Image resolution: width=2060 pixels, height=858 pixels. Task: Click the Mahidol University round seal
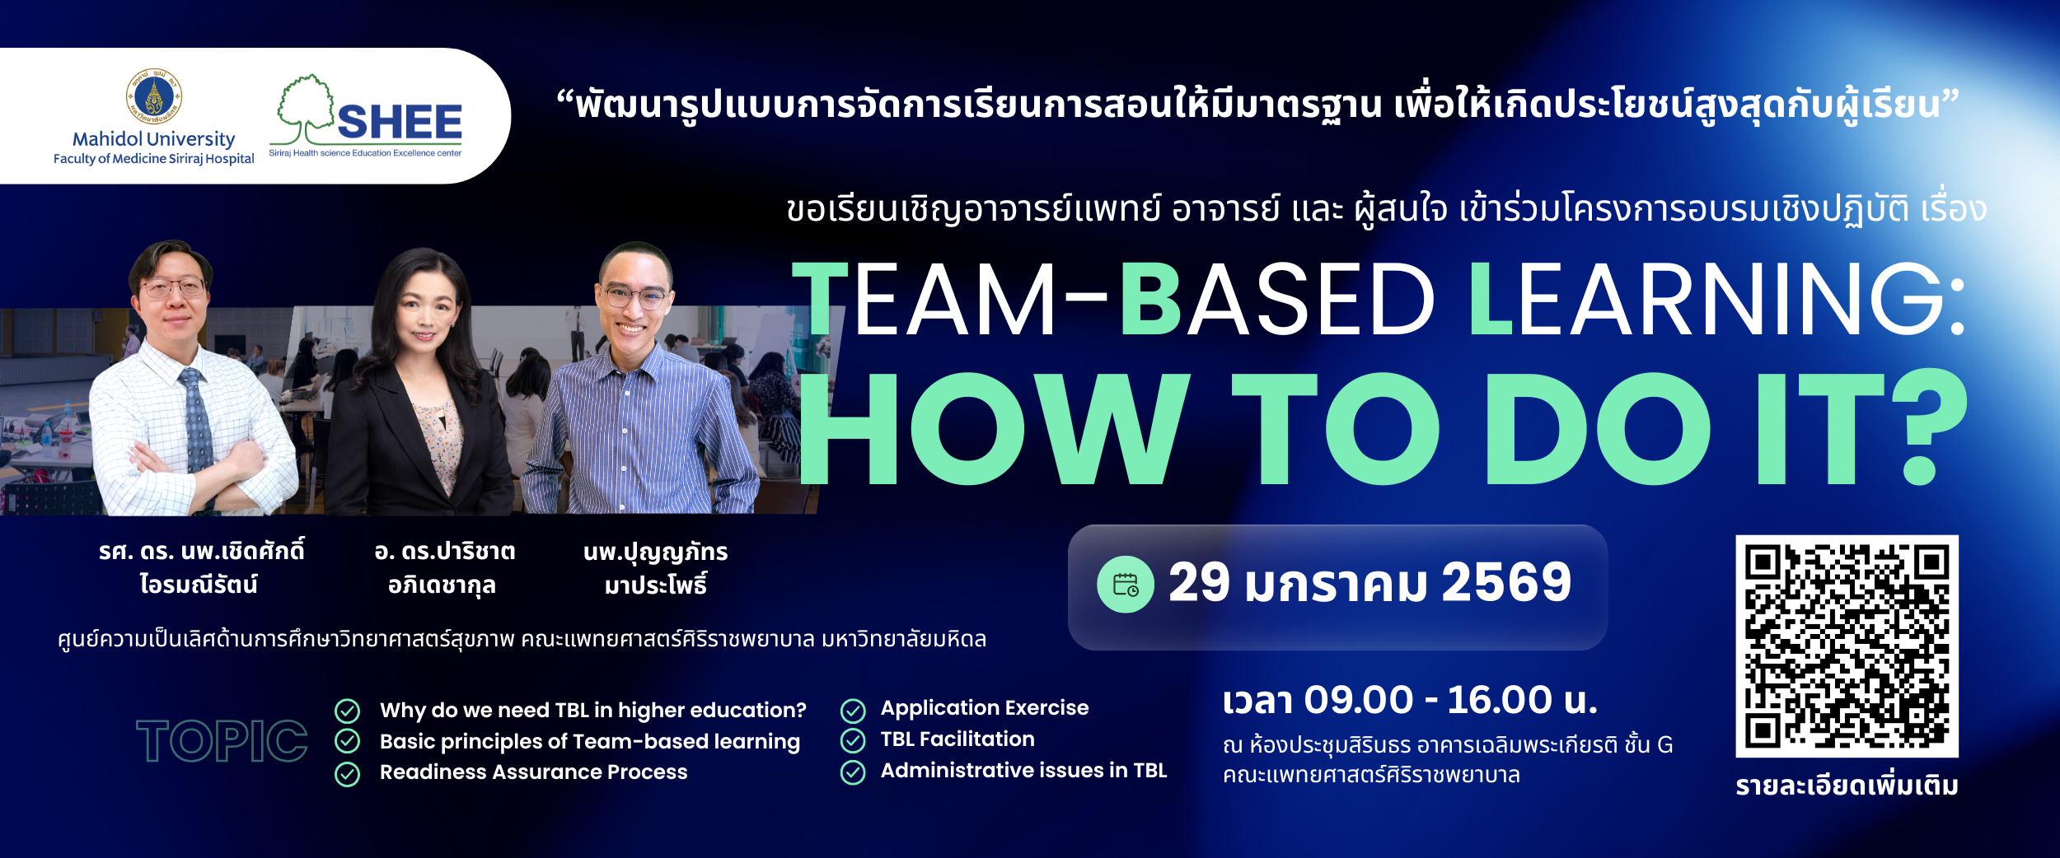point(154,96)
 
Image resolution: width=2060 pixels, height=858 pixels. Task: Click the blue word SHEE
point(400,122)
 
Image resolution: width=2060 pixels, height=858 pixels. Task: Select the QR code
point(1847,646)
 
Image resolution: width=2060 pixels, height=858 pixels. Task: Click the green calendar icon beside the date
point(1126,585)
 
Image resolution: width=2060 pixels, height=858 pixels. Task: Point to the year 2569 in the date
point(1506,582)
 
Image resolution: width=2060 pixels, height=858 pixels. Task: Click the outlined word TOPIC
point(222,740)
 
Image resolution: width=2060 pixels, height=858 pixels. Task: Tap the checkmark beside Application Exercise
point(853,710)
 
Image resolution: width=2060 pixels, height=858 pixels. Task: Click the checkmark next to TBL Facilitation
point(853,741)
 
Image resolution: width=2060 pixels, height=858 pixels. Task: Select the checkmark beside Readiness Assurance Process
point(348,774)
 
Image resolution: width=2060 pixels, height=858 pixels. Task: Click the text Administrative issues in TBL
point(1023,770)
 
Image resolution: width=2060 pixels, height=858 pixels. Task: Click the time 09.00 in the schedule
point(1359,701)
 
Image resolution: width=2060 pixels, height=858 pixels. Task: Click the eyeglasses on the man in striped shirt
point(634,296)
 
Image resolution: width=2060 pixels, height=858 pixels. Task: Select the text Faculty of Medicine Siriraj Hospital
point(154,159)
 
